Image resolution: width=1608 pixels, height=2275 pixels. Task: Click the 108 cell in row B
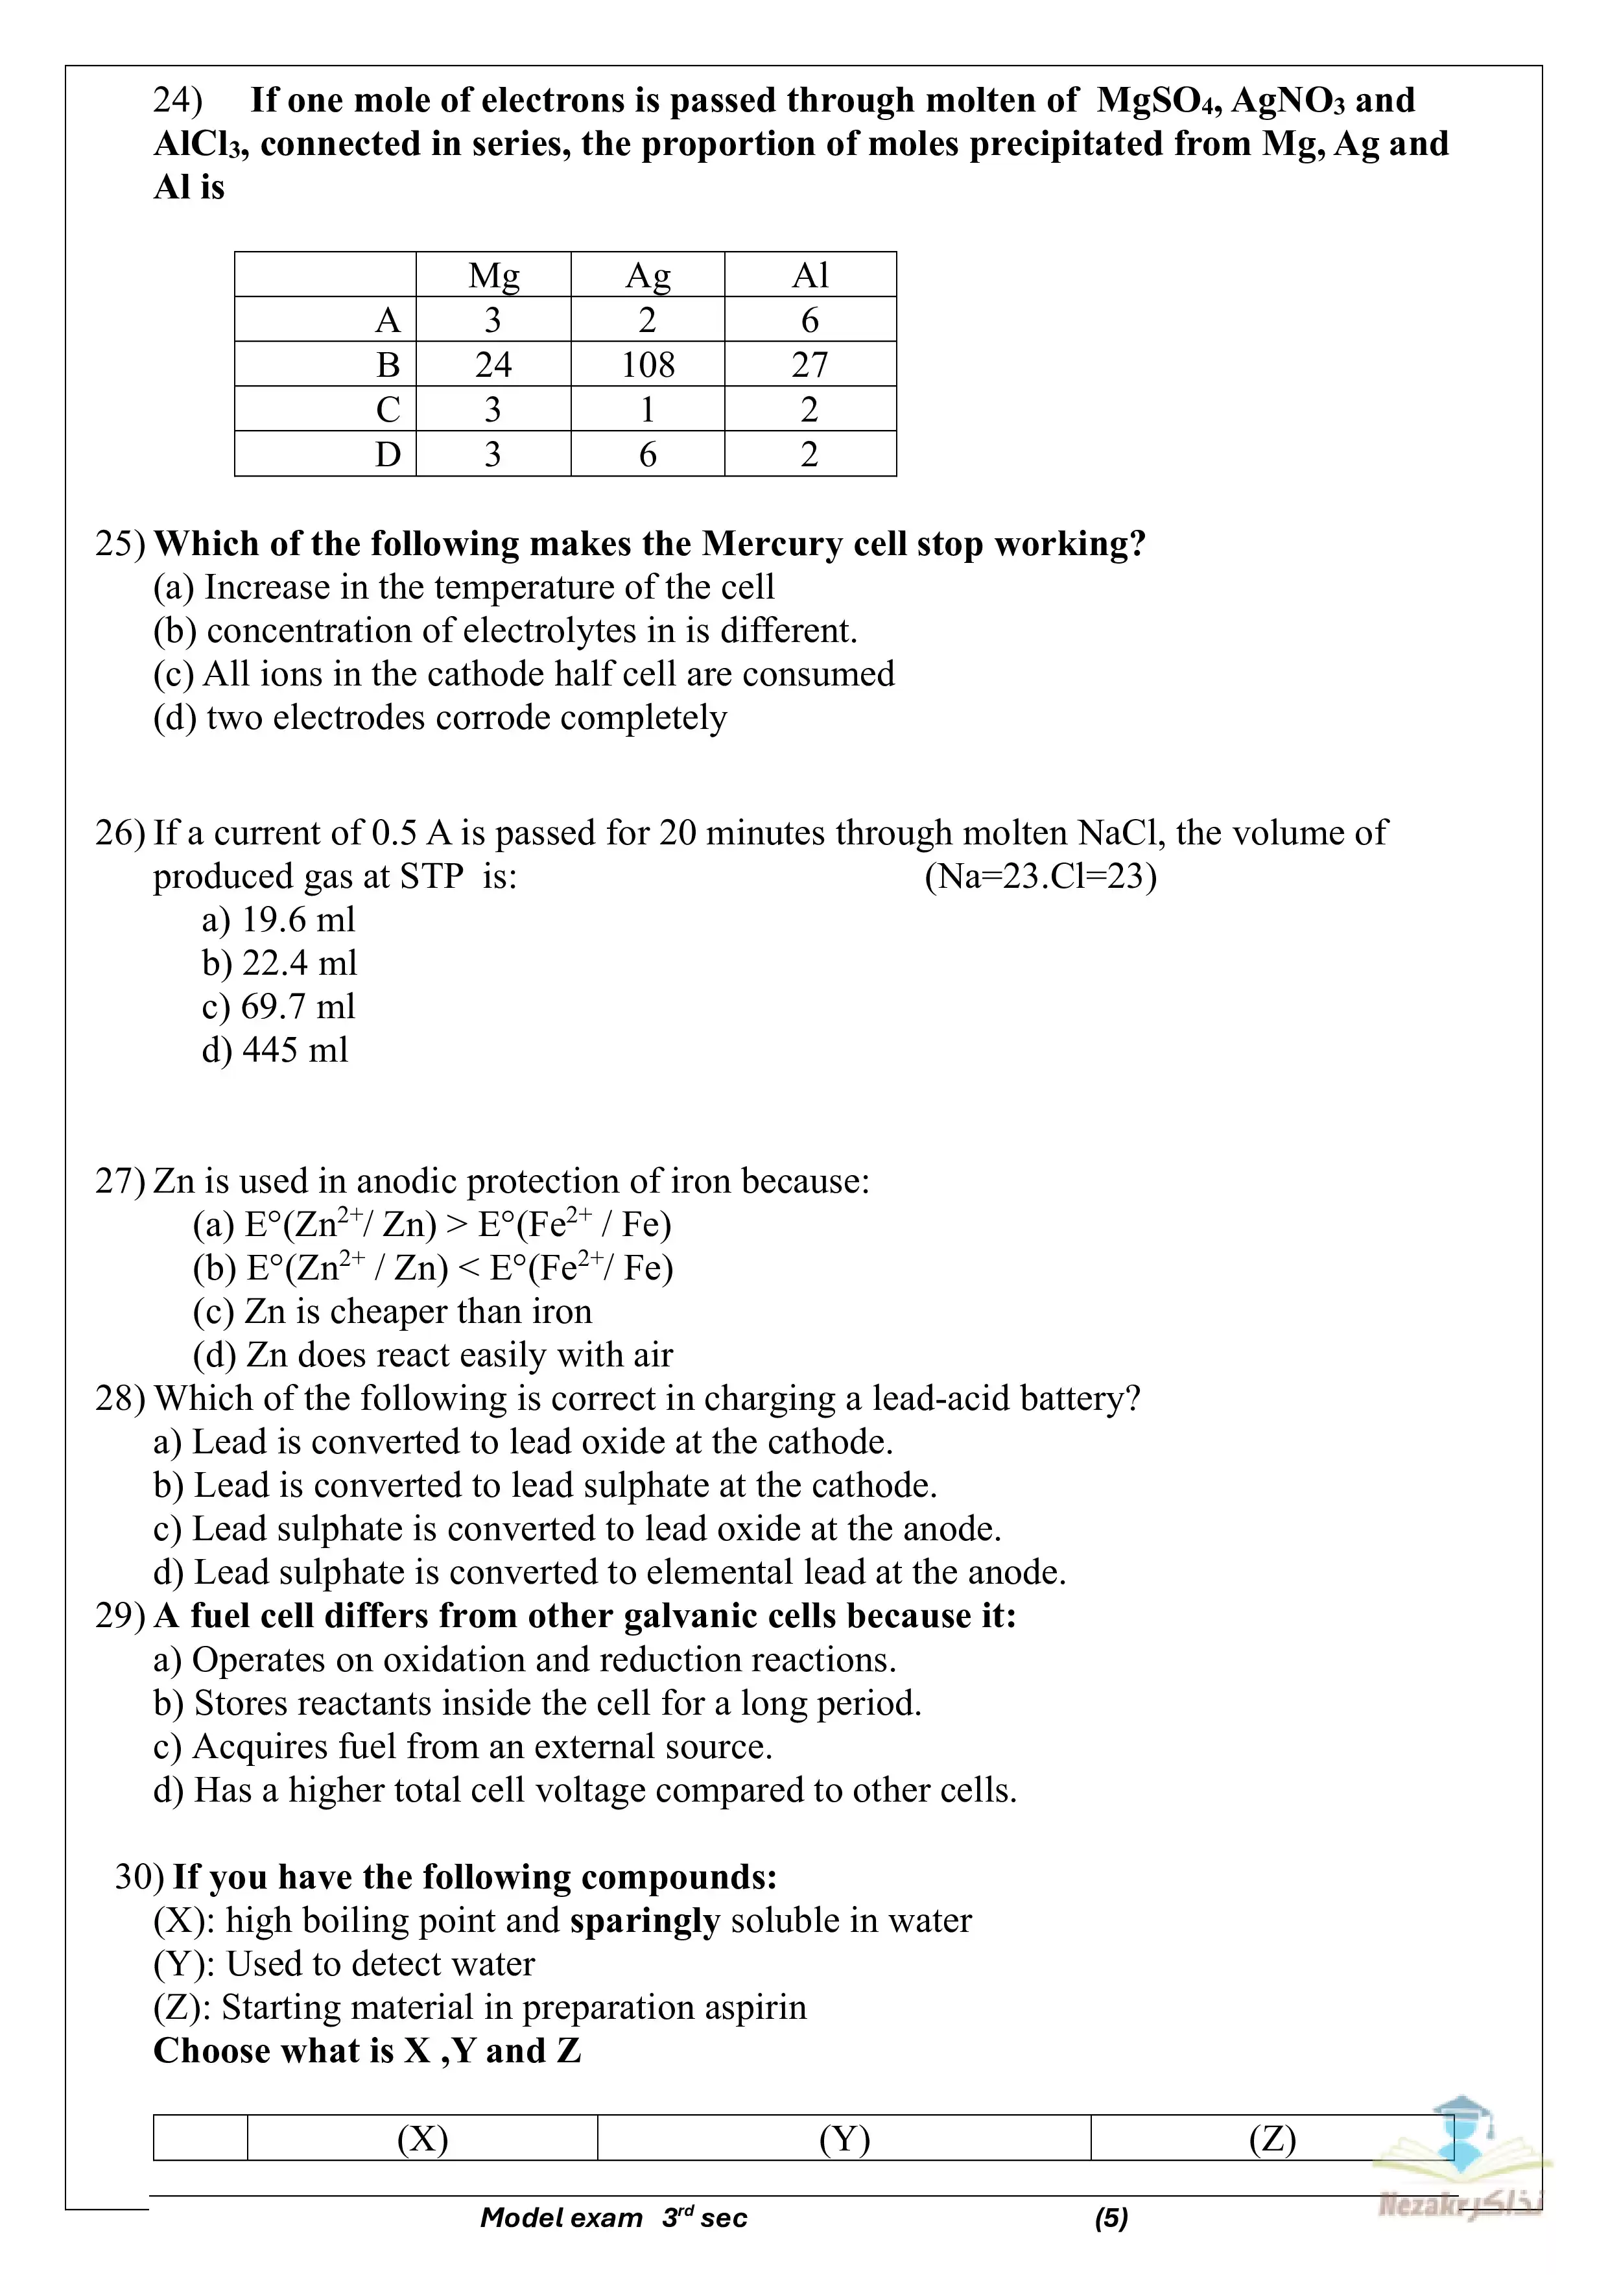[x=648, y=364]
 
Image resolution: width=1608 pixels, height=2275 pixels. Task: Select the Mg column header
[x=493, y=276]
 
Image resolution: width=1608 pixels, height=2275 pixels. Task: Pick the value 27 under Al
[x=809, y=364]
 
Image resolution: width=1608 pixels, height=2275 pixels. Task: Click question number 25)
[x=120, y=544]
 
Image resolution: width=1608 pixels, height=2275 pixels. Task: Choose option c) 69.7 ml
[x=278, y=1006]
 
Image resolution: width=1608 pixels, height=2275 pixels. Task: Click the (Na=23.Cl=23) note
[x=1040, y=877]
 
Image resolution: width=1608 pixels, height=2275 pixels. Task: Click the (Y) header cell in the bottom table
[x=844, y=2139]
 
